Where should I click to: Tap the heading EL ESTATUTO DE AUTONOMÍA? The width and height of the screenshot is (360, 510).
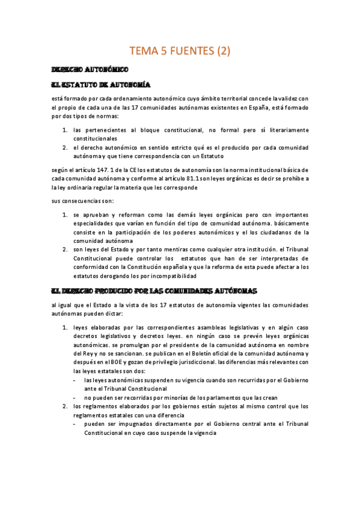point(100,85)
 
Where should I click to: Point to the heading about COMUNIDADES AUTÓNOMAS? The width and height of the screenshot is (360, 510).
point(154,290)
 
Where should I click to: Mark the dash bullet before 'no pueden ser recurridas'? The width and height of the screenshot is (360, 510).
point(74,398)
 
